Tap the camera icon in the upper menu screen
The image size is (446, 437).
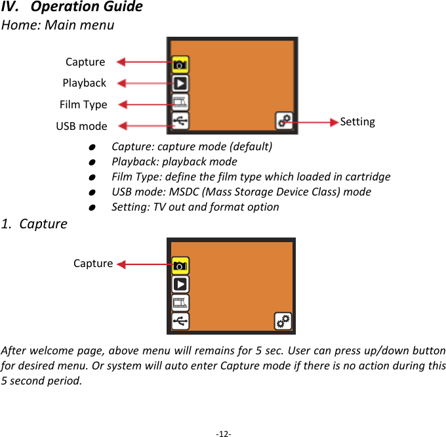tap(180, 64)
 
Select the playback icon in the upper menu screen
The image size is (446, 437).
tap(180, 83)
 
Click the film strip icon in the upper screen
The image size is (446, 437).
tap(180, 102)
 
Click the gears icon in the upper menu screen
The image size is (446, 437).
tap(284, 121)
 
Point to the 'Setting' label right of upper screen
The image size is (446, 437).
tap(357, 121)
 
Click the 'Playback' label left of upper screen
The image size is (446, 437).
tap(84, 83)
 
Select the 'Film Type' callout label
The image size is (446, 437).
tap(83, 104)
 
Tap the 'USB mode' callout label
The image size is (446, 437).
tap(81, 125)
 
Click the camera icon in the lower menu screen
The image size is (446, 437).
tap(180, 265)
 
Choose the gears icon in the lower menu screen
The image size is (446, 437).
tap(283, 321)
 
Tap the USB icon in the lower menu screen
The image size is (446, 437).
tap(180, 321)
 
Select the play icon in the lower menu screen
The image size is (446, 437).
tap(180, 284)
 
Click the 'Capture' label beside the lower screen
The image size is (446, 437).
tap(93, 263)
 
